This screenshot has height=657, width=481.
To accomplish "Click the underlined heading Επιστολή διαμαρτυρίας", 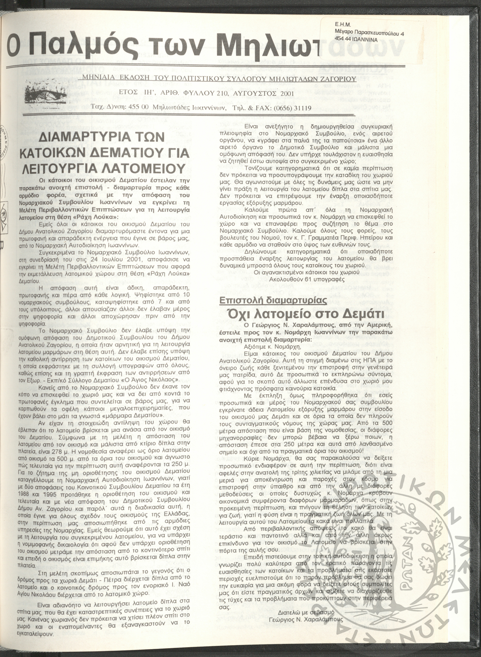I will [273, 301].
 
